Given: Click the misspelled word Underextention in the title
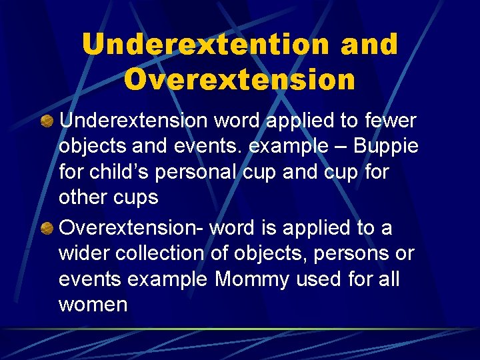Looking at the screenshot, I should tap(206, 45).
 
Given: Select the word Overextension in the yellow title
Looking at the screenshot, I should tap(239, 79).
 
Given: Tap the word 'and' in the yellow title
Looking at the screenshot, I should tap(369, 45).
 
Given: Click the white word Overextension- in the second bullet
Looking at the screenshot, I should tap(131, 228).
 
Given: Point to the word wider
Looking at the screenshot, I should tap(84, 254).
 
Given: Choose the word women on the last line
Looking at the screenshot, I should tap(93, 305).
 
